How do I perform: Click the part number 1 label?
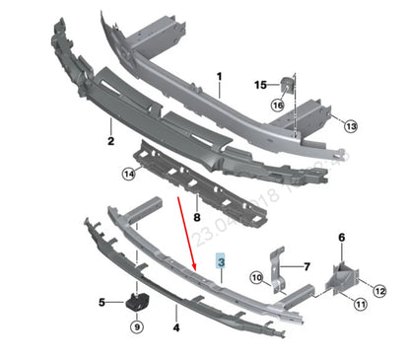(219, 77)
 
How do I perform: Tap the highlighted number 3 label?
(222, 263)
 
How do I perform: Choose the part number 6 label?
(342, 238)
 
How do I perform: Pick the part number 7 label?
(307, 267)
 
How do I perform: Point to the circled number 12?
(380, 289)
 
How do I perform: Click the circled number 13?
(351, 125)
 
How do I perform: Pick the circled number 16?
(278, 105)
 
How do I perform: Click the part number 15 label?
(260, 85)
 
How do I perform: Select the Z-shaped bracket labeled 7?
(279, 267)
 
